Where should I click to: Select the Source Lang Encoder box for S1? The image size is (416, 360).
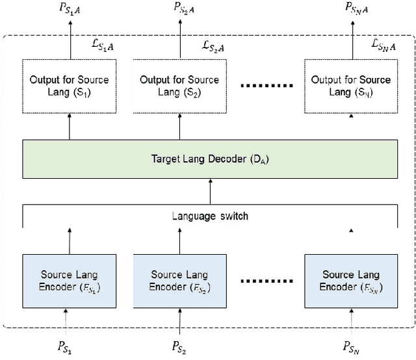point(70,281)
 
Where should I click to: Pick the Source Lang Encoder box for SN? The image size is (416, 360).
point(352,281)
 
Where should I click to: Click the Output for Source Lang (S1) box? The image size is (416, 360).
point(70,86)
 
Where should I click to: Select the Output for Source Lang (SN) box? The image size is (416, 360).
point(352,86)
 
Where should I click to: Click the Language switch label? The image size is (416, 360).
point(209,216)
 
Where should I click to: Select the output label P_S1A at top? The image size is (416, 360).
point(68,10)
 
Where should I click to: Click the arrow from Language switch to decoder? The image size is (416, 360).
point(209,192)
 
